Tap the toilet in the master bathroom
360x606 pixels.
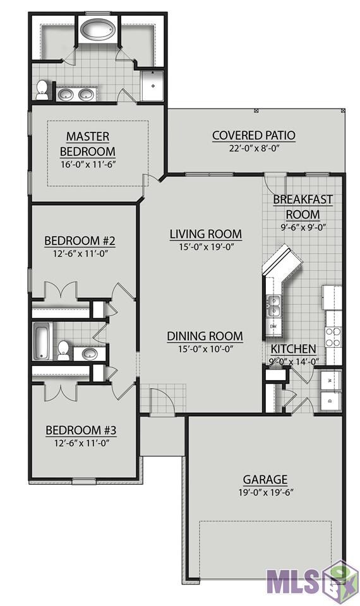coord(42,90)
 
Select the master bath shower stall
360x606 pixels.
coord(152,85)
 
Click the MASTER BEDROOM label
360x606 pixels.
coord(88,143)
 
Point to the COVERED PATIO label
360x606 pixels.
coord(254,135)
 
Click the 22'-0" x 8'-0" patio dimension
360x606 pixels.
coord(254,148)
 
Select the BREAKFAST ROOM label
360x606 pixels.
coord(303,207)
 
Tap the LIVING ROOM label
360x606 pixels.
coord(206,234)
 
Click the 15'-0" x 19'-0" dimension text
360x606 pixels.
coord(206,247)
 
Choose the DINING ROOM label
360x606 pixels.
coord(205,336)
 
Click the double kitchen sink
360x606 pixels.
coord(274,306)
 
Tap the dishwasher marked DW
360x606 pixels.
coord(274,326)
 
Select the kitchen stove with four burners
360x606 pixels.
coord(333,337)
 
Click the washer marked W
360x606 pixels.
coord(330,380)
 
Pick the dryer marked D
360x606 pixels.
coord(330,401)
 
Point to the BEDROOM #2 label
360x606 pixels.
coord(80,241)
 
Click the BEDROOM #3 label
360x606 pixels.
coord(81,430)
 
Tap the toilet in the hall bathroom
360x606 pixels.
coord(63,350)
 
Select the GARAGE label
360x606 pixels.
coord(265,480)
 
